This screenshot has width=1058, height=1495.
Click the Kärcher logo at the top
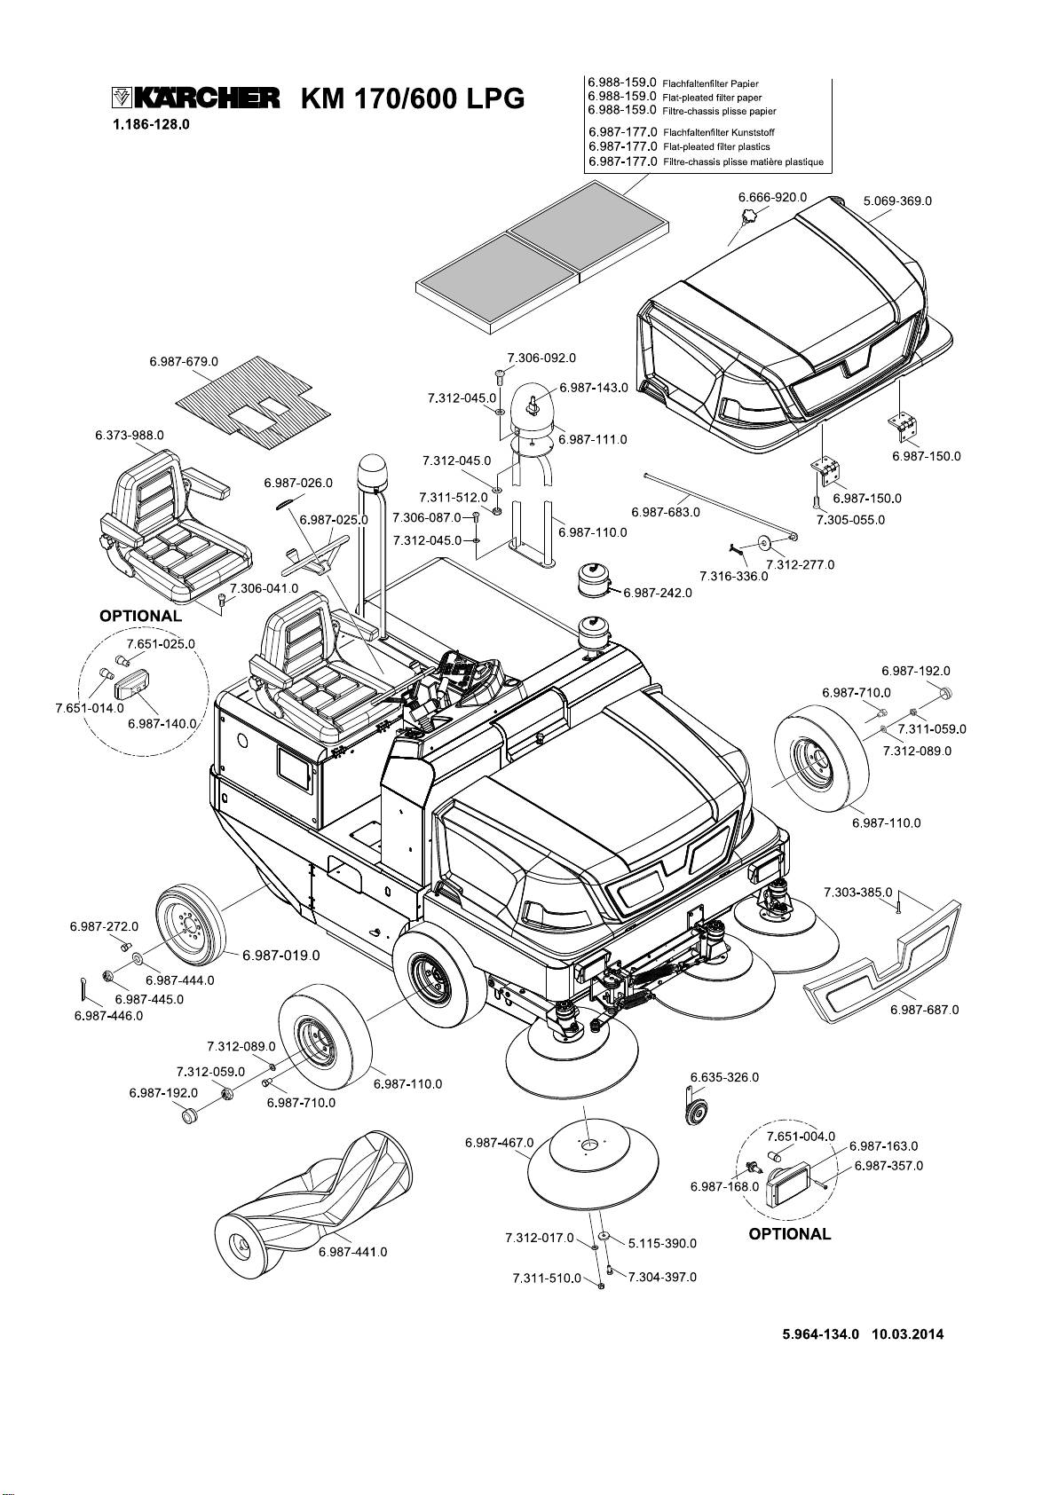point(195,98)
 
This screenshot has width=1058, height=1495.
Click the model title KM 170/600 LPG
point(413,98)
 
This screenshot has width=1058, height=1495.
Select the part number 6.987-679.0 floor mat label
point(184,361)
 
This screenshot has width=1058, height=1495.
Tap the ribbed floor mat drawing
point(253,399)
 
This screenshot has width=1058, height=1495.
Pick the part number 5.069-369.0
point(897,201)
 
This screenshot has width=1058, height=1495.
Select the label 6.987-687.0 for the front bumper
point(924,1010)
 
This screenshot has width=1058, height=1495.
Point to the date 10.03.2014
point(908,1334)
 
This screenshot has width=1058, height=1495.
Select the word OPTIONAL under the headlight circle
point(790,1233)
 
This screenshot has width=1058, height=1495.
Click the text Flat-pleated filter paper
point(712,97)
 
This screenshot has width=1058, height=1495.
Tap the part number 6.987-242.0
point(658,593)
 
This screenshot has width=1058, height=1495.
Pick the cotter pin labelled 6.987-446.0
point(83,987)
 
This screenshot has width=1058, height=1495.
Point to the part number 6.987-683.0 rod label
point(666,512)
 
